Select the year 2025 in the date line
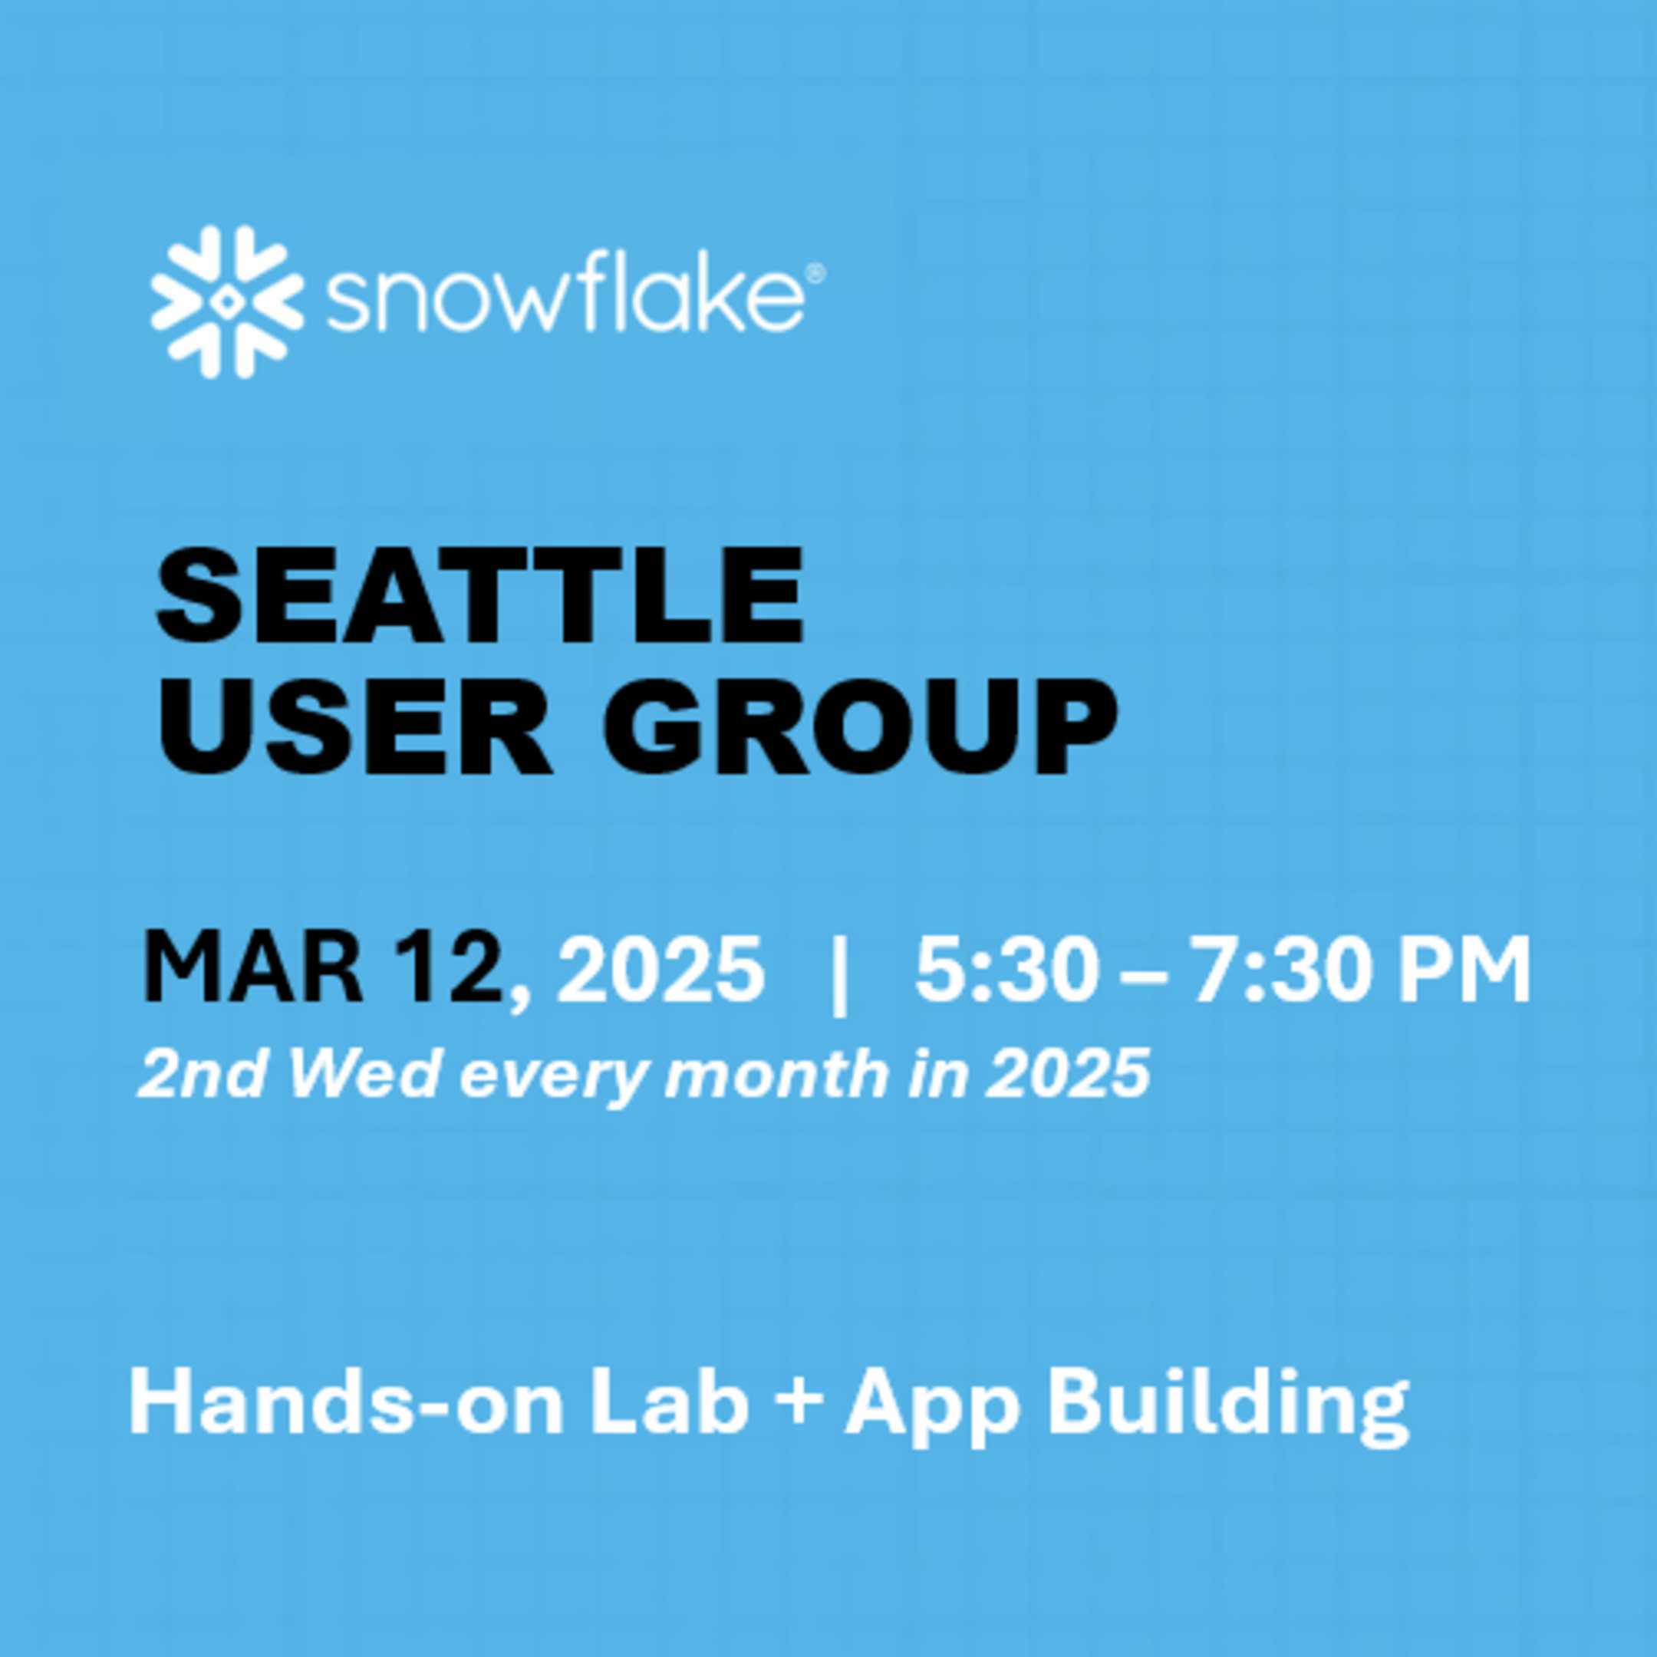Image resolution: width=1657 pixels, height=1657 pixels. [660, 968]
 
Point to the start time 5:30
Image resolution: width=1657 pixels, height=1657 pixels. [1006, 968]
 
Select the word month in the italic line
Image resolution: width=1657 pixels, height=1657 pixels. [776, 1073]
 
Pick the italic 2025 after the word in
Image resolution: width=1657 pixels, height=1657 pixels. [1067, 1073]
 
